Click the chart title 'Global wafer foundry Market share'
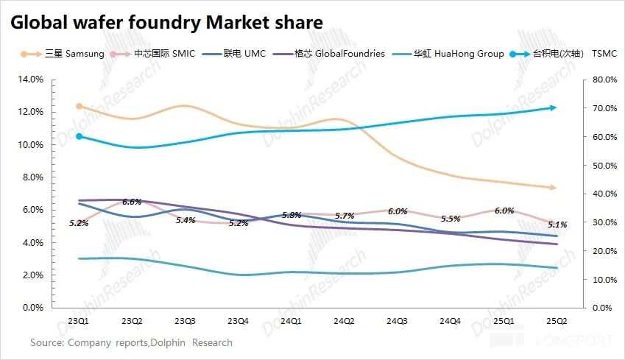[166, 24]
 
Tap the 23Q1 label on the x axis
[80, 321]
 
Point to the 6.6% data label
[133, 202]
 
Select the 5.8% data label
[292, 215]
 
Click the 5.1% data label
[558, 225]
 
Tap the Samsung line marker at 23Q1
[80, 107]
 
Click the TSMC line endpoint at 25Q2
[554, 107]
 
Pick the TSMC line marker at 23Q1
[80, 136]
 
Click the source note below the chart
[131, 342]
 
